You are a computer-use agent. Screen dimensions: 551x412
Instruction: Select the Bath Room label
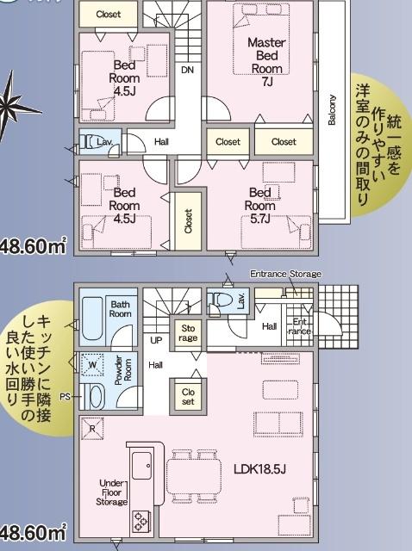(x=120, y=308)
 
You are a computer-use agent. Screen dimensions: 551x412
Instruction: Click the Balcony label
(x=332, y=109)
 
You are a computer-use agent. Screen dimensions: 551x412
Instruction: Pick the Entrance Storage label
(x=285, y=274)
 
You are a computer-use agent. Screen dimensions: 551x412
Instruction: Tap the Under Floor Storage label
(x=112, y=492)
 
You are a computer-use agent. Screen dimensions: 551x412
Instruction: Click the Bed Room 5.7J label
(x=259, y=199)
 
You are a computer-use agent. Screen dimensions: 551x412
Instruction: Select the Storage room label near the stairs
(x=188, y=332)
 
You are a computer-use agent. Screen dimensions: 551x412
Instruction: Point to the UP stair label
(x=156, y=340)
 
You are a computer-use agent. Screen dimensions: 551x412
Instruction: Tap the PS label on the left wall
(x=66, y=397)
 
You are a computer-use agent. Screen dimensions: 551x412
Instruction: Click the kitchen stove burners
(x=140, y=519)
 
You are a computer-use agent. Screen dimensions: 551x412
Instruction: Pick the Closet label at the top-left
(x=109, y=15)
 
